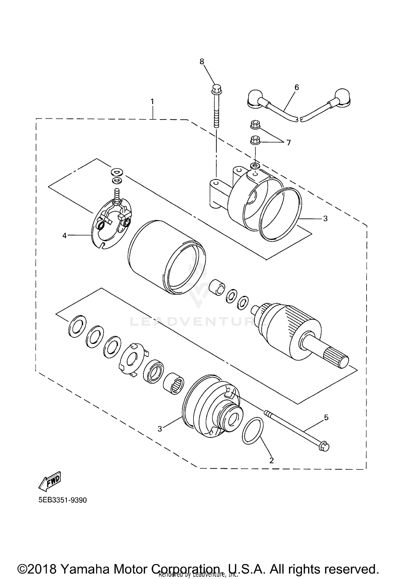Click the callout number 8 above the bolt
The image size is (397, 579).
point(202,61)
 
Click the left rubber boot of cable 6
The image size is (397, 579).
point(256,100)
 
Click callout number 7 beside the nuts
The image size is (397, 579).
point(288,143)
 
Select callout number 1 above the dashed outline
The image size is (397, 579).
point(152,102)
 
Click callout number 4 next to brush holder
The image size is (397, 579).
point(65,235)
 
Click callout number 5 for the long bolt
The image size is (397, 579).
point(326,418)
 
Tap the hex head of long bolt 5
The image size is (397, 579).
point(324,447)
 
